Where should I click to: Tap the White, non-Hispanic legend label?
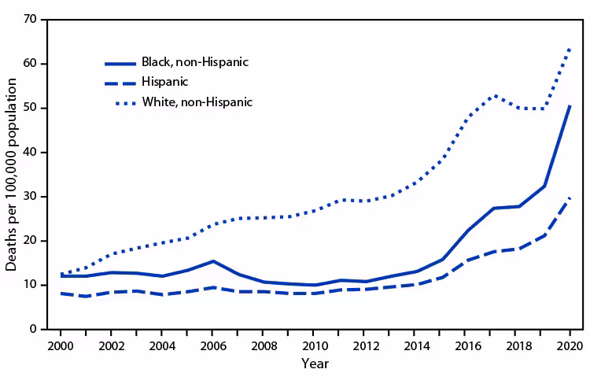[x=197, y=102]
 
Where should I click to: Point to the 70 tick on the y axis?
[x=31, y=20]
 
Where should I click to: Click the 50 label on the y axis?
[x=31, y=108]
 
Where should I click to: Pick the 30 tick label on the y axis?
[x=31, y=197]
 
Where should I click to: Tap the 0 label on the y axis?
[x=34, y=329]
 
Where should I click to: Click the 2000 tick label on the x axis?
[x=61, y=345]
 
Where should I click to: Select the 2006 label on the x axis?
[x=213, y=345]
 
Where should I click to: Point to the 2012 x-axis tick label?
[x=365, y=345]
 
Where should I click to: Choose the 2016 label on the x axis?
[x=467, y=345]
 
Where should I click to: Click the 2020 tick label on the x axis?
[x=569, y=345]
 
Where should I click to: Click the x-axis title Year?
[x=315, y=364]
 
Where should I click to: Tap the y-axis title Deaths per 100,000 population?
[x=12, y=175]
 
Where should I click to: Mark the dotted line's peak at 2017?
[x=493, y=95]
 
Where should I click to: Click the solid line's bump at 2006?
[x=213, y=261]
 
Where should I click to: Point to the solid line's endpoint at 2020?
[x=570, y=105]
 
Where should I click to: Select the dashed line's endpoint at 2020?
[x=570, y=198]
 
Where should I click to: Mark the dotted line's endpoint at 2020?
[x=570, y=48]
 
